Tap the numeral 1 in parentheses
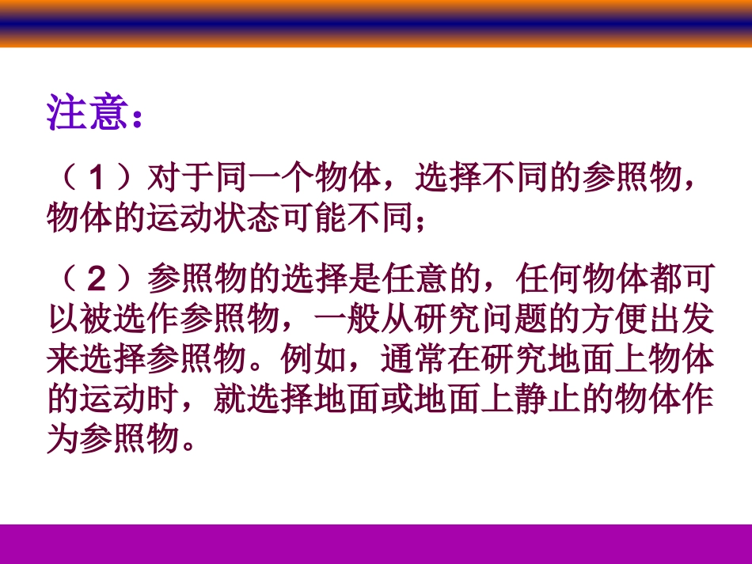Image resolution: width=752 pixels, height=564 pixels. pos(97,180)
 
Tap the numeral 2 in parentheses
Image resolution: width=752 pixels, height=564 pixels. pos(97,281)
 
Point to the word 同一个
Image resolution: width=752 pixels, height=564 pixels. pos(264,180)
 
